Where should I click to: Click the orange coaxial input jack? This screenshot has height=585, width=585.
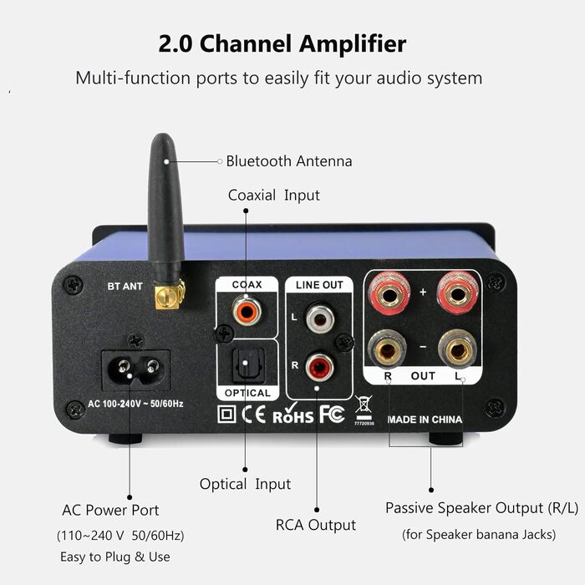click(x=247, y=313)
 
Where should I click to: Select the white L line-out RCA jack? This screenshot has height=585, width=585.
click(x=318, y=318)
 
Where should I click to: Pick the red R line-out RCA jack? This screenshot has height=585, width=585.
click(x=318, y=366)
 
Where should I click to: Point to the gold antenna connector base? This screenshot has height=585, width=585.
click(x=170, y=293)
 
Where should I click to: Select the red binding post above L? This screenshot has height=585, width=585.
click(x=457, y=293)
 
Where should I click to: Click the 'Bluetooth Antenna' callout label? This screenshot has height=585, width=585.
click(x=289, y=161)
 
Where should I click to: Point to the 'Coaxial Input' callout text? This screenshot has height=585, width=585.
click(x=274, y=195)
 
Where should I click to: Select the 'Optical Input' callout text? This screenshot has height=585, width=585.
click(x=245, y=484)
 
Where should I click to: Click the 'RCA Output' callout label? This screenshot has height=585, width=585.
click(x=316, y=525)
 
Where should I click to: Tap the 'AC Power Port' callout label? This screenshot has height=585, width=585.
click(x=110, y=510)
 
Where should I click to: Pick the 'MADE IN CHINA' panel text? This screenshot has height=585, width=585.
click(x=425, y=420)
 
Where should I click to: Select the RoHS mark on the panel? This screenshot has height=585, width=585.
click(x=292, y=414)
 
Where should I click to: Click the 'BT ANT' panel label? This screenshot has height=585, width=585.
click(x=125, y=287)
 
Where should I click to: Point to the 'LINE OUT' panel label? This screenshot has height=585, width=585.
click(x=319, y=285)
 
